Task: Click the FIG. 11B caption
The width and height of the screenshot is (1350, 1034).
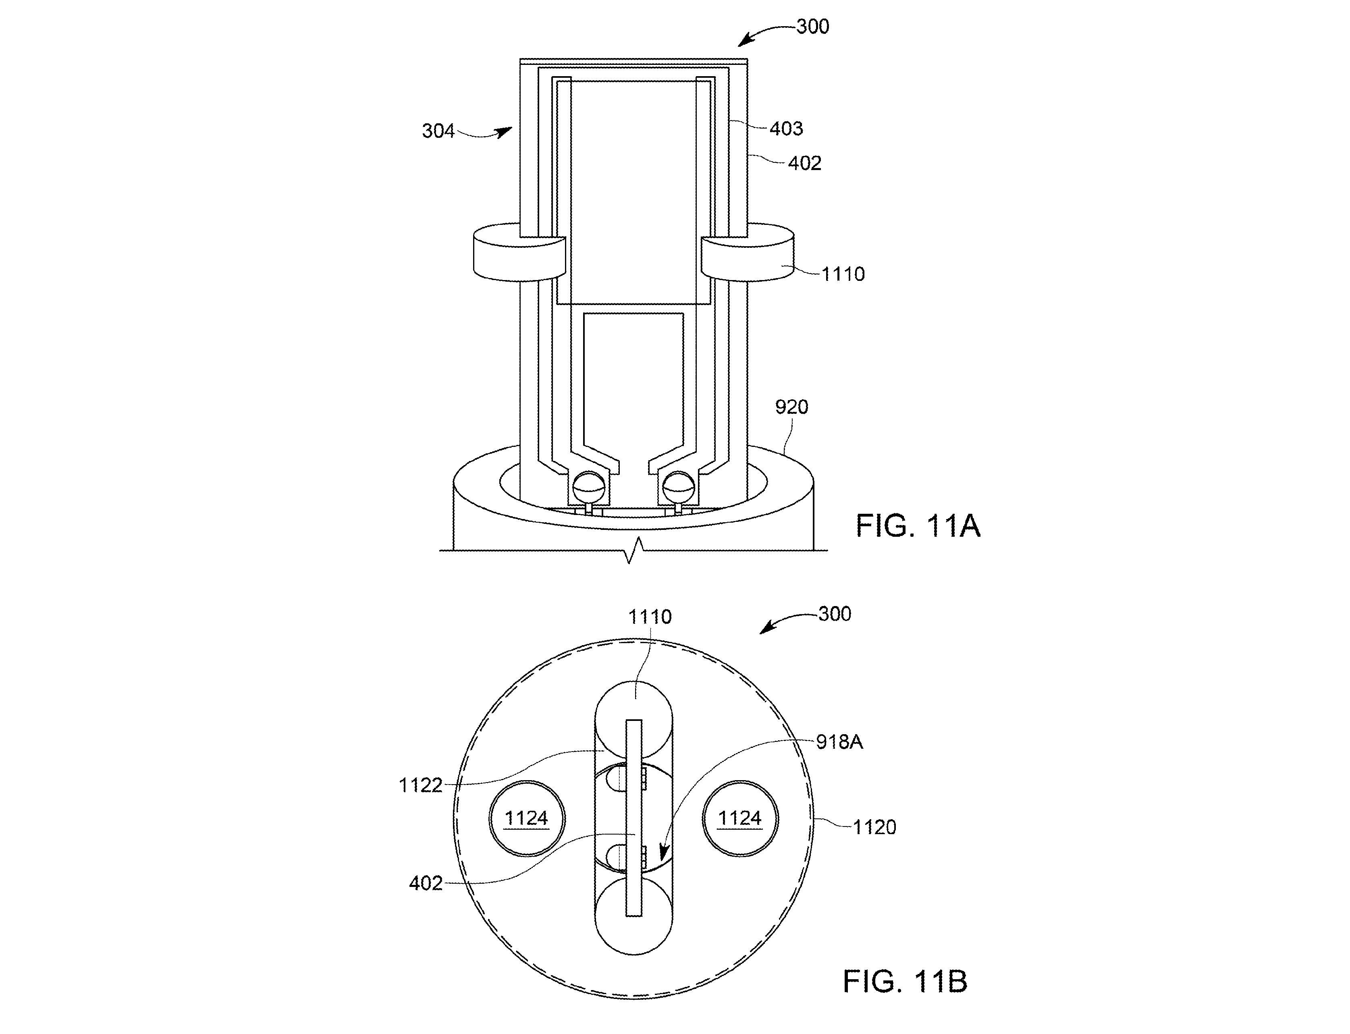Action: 905,981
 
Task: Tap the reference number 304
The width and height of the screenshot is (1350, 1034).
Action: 438,131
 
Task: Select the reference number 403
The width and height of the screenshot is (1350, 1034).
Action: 786,129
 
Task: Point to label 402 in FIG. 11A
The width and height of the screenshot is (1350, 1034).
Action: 805,163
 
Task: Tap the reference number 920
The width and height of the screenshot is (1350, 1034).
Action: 791,407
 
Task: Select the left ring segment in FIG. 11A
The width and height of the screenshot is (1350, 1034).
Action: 519,253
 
